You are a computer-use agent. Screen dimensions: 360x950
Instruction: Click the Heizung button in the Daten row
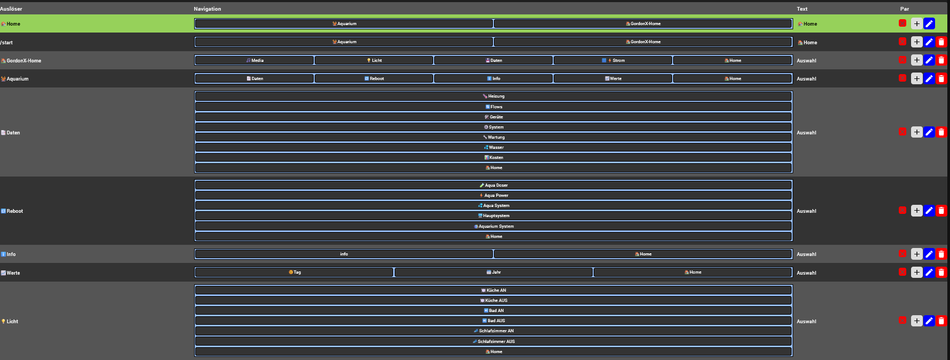tap(493, 97)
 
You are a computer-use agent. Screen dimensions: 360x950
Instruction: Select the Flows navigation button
tap(493, 107)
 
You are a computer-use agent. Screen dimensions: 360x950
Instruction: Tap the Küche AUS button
tap(493, 301)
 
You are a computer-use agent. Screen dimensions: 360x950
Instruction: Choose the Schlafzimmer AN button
tap(493, 331)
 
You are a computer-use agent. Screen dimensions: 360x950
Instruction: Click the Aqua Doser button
tap(493, 186)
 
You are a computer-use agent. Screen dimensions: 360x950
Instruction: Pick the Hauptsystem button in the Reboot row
tap(493, 216)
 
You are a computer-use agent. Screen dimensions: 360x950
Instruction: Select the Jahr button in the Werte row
tap(493, 273)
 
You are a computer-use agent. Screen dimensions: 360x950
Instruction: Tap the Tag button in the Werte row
tap(294, 273)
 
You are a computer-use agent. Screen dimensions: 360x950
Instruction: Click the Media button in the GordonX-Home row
tap(254, 61)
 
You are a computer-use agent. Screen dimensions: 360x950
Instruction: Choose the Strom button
tap(613, 61)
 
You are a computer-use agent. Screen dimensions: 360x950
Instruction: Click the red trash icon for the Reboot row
tap(941, 211)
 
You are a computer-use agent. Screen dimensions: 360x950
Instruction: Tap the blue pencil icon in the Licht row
tap(929, 321)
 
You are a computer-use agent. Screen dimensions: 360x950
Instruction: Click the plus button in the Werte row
tap(916, 273)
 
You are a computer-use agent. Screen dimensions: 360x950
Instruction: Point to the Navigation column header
tap(207, 9)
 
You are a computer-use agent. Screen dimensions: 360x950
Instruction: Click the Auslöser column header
tap(11, 9)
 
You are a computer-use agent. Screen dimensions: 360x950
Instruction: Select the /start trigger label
tap(7, 43)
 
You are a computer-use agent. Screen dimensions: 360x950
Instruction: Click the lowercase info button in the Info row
tap(344, 254)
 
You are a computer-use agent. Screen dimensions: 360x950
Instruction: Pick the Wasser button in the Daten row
tap(493, 148)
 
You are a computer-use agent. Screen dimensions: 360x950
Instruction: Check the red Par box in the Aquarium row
tap(903, 78)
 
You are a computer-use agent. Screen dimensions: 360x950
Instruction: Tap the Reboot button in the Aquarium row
tap(374, 79)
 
